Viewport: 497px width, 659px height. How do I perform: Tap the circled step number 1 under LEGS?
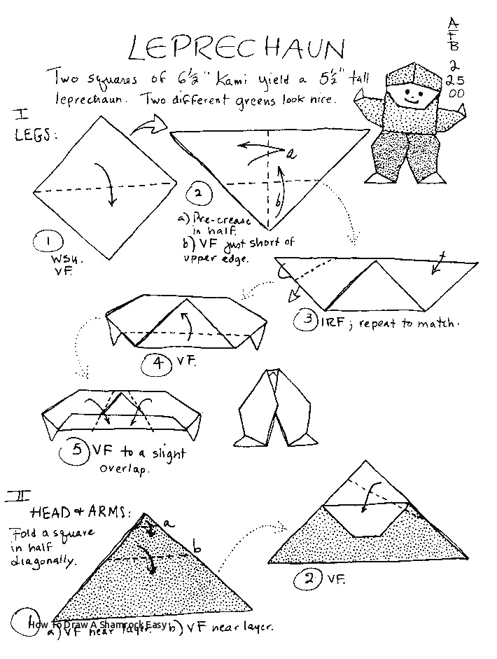tap(47, 242)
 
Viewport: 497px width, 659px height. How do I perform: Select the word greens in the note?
tap(266, 99)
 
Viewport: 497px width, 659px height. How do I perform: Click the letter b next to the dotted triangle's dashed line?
tap(197, 545)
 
